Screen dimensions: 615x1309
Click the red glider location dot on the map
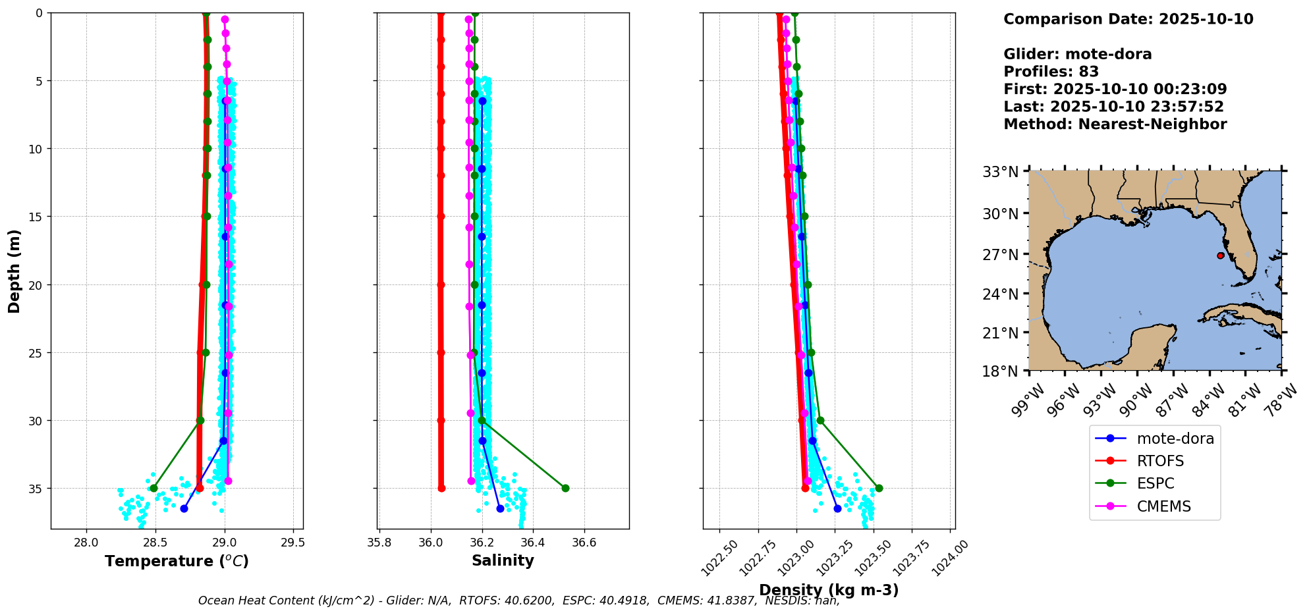click(x=1220, y=255)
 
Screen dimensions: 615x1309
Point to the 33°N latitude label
click(x=1001, y=173)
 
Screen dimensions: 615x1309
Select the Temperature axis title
click(x=177, y=561)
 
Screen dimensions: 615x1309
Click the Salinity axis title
click(x=503, y=560)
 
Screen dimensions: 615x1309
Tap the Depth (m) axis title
click(x=14, y=271)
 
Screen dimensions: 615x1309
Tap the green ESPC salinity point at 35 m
click(x=565, y=488)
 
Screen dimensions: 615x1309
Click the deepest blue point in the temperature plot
click(x=184, y=508)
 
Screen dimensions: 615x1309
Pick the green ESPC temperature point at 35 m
click(x=153, y=488)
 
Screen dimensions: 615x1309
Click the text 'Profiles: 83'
click(x=1051, y=72)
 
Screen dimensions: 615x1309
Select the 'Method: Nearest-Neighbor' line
click(x=1115, y=124)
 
